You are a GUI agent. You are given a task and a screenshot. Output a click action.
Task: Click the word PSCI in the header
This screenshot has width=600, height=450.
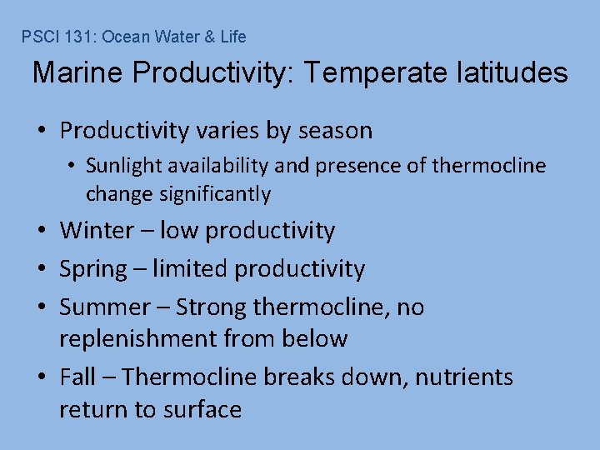click(37, 37)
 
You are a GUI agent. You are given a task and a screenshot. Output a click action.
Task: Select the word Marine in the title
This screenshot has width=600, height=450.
click(77, 73)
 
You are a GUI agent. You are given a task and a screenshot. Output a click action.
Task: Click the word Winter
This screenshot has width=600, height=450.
click(94, 230)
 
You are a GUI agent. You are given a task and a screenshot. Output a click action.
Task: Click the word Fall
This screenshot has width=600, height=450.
click(77, 377)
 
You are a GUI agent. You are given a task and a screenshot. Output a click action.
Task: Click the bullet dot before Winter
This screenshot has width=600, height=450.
click(42, 231)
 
